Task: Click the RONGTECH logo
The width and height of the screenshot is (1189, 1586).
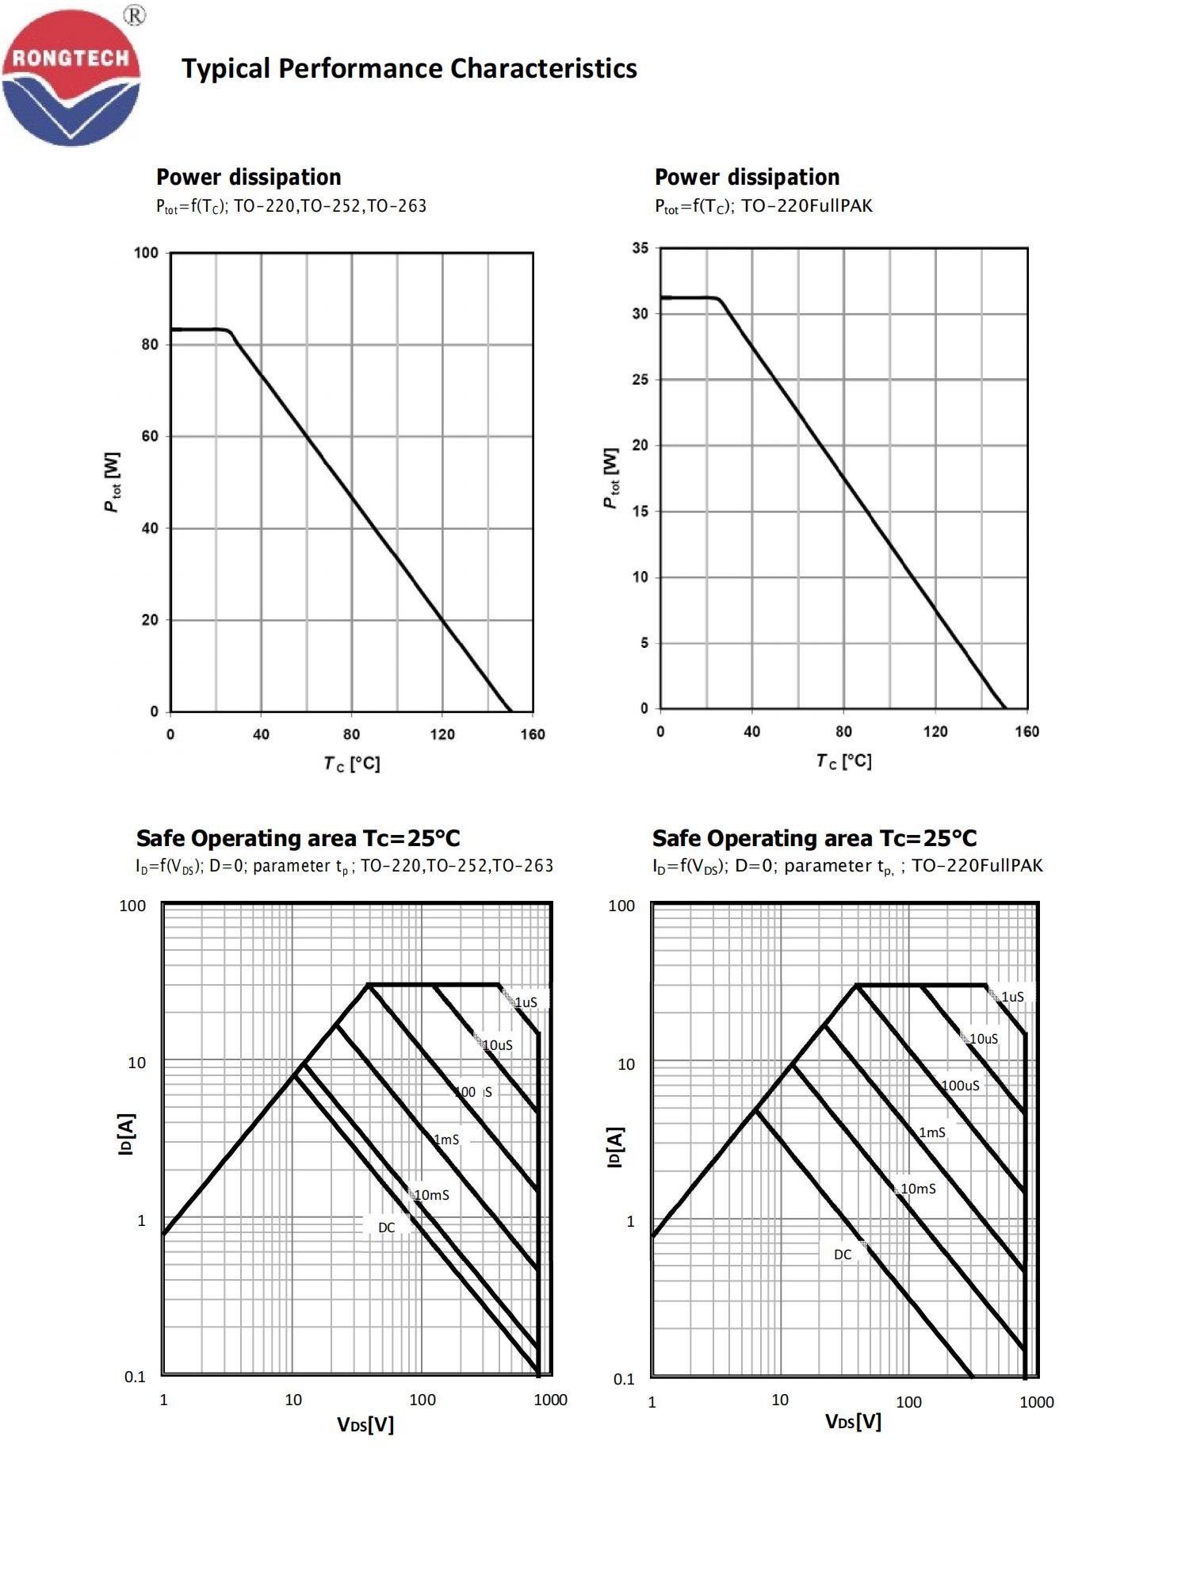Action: (x=71, y=78)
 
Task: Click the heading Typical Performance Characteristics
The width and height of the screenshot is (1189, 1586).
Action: (x=409, y=69)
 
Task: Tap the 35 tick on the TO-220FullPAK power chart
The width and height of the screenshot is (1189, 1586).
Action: (x=640, y=248)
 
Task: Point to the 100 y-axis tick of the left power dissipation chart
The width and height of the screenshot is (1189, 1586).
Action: (x=146, y=253)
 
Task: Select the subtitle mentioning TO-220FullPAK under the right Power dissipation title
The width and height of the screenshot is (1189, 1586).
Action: (x=763, y=206)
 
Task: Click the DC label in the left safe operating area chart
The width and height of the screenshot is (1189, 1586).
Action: (x=386, y=1228)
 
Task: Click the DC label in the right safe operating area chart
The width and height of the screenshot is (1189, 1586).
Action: (x=843, y=1255)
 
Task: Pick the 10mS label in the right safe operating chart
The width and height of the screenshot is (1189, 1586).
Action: (x=918, y=1189)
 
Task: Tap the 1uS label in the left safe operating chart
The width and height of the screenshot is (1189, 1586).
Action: (x=526, y=1002)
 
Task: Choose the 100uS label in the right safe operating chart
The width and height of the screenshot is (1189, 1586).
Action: (x=960, y=1086)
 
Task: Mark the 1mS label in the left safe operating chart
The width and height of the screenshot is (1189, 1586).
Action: (x=446, y=1140)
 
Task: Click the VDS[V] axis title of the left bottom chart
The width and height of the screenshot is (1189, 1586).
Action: (x=365, y=1425)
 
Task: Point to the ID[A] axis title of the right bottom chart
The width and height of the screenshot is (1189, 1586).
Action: (x=615, y=1147)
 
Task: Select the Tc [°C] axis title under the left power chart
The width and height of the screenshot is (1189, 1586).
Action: (x=352, y=764)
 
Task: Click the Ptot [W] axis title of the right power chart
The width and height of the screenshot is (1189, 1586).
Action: (x=611, y=478)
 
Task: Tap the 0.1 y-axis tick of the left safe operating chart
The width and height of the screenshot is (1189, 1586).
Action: (x=135, y=1377)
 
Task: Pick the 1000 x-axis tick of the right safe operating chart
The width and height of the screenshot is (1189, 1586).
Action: (x=1036, y=1402)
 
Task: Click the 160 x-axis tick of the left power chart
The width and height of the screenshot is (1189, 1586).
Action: (x=533, y=734)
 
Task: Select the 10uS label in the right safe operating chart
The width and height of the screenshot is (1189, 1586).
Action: (x=984, y=1039)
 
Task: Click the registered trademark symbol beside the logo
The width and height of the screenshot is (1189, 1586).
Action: (x=136, y=15)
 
